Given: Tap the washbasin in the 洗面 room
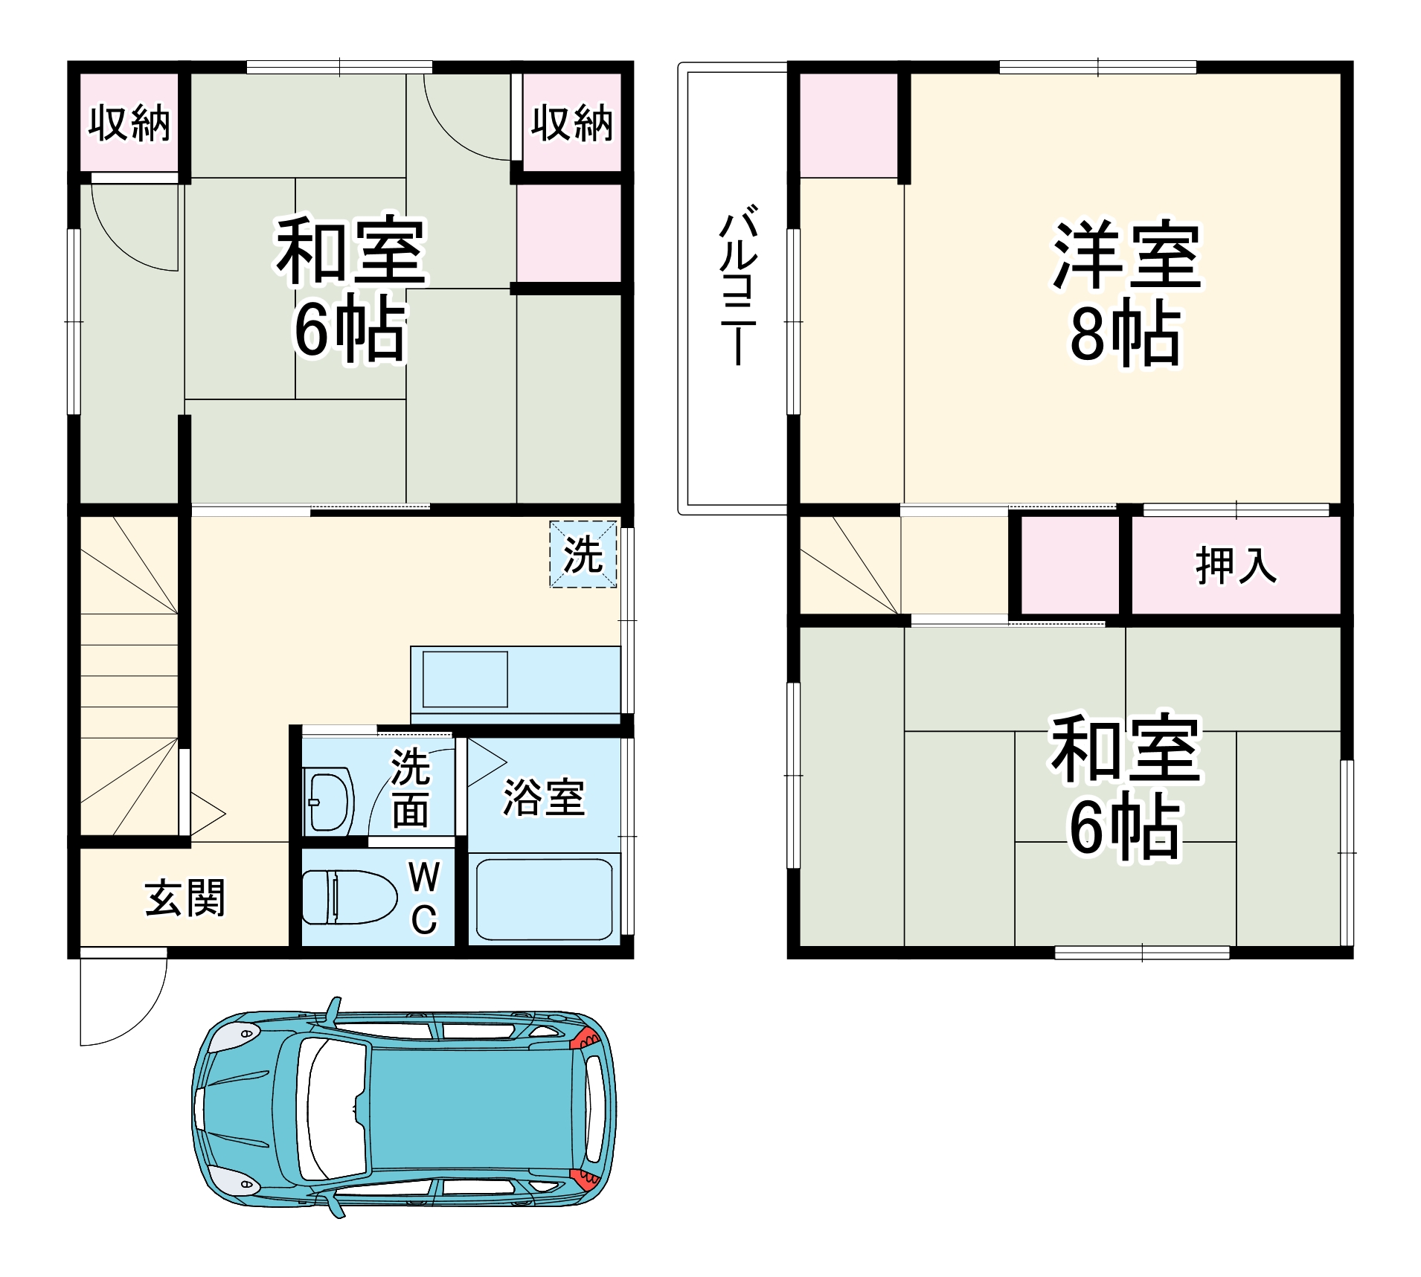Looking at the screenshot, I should click(328, 802).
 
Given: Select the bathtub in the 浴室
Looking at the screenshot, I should click(544, 899).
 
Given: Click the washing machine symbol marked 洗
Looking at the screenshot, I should click(583, 554).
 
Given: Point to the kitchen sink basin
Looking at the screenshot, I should click(465, 679).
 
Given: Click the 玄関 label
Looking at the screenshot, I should click(185, 898).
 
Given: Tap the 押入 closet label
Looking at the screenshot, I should click(1236, 565).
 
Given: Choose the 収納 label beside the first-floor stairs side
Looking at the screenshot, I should click(129, 123).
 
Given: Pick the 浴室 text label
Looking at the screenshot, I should click(544, 797).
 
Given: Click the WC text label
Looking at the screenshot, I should click(424, 898).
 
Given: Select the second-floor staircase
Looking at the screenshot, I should click(850, 565).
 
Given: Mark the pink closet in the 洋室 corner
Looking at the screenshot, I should click(848, 125).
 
